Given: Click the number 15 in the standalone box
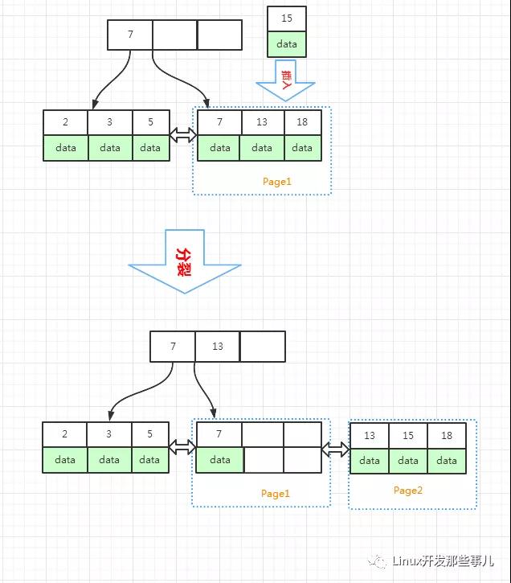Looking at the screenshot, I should (287, 18).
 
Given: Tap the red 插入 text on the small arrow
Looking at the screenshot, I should (286, 79).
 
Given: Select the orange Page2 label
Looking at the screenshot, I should (407, 491).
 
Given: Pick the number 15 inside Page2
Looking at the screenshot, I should (408, 435).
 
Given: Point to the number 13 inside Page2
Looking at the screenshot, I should (370, 435).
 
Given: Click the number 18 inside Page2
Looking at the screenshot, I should (447, 435).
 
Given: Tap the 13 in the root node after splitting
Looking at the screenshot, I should (217, 347).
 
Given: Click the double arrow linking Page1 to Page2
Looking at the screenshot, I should (336, 449).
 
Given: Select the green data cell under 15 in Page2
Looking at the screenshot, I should (408, 461).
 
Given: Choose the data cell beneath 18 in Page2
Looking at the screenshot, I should (447, 461).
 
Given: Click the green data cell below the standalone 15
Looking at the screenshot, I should (287, 44).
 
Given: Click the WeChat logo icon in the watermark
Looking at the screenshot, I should (378, 560).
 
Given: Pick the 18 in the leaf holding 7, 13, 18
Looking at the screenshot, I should (302, 122).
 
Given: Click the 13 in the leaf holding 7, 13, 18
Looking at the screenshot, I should (262, 122).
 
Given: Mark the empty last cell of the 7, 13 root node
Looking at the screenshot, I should (262, 347).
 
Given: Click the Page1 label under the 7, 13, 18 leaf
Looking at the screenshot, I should (277, 182).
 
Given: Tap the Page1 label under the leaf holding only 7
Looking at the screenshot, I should (275, 494).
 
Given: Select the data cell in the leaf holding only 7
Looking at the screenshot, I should (219, 460).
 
